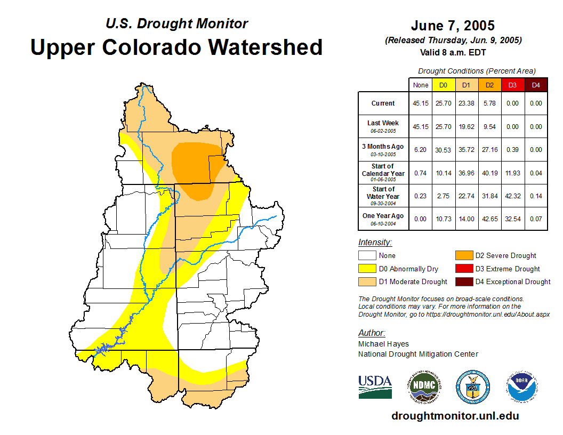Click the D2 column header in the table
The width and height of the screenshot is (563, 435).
point(489,85)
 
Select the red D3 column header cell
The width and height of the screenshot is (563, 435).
point(512,85)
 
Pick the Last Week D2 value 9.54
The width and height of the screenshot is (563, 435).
point(489,127)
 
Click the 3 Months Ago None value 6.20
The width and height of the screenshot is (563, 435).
point(420,150)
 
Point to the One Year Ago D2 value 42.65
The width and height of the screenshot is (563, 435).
point(489,219)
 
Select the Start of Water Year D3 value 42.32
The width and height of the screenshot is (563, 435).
point(512,196)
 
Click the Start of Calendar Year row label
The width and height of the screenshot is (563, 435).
point(383,173)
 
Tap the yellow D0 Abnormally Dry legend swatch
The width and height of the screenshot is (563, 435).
point(367,269)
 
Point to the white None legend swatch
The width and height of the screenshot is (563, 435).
point(367,255)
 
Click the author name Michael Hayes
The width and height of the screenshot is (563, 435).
point(383,344)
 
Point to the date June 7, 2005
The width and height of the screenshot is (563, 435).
point(453,26)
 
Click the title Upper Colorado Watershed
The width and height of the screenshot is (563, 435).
point(176,47)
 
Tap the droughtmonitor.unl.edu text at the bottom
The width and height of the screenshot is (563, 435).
point(455,416)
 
